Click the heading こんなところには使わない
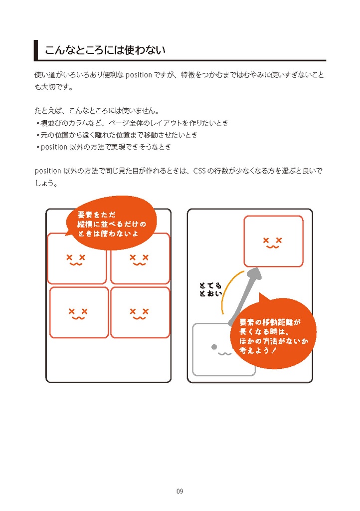pyautogui.click(x=105, y=50)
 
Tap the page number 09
pyautogui.click(x=180, y=492)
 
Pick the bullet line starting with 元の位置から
pyautogui.click(x=119, y=135)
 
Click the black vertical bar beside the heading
pyautogui.click(x=36, y=50)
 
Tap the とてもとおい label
pyautogui.click(x=210, y=290)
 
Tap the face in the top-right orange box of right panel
pyautogui.click(x=272, y=243)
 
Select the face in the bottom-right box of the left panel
pyautogui.click(x=140, y=313)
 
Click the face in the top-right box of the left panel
pyautogui.click(x=139, y=259)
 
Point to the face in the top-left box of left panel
pyautogui.click(x=76, y=259)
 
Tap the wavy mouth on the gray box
pyautogui.click(x=224, y=354)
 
